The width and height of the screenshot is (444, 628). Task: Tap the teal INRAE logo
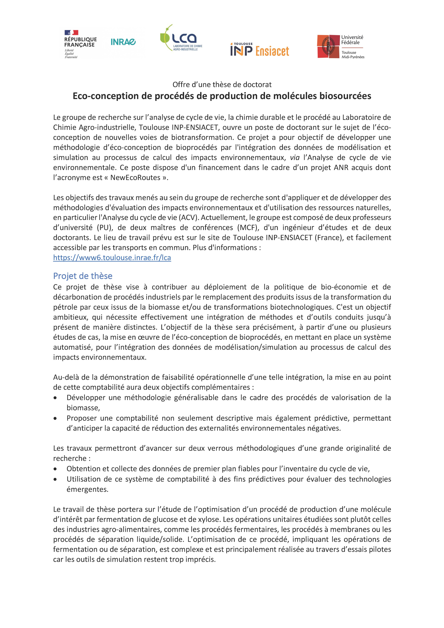[x=123, y=42]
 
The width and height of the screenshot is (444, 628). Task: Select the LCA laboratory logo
[x=181, y=38]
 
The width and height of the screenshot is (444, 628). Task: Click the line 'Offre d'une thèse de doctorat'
[x=222, y=84]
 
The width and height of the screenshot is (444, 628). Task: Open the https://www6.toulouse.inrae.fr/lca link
[x=112, y=258]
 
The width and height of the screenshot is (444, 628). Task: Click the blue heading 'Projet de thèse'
[x=83, y=276]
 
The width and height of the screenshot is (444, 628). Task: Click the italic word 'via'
[x=295, y=158]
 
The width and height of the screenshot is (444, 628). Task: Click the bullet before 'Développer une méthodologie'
[x=55, y=398]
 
